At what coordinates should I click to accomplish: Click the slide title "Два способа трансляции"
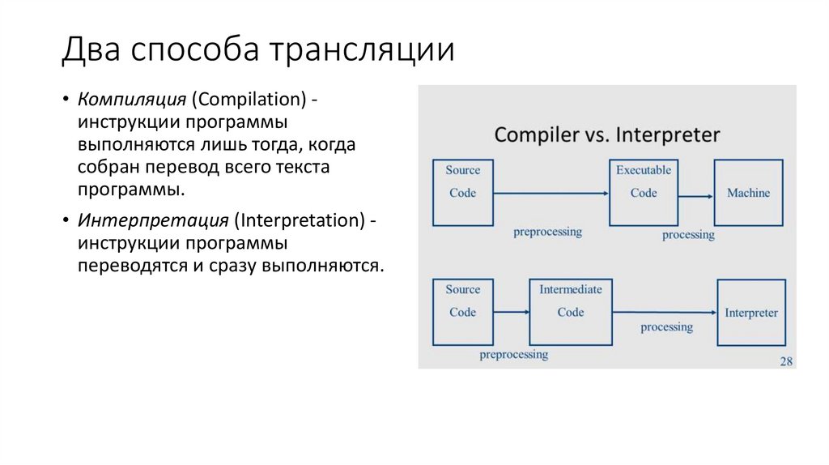click(x=257, y=49)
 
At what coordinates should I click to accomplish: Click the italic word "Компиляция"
click(x=133, y=99)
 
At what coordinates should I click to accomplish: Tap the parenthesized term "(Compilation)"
click(x=249, y=99)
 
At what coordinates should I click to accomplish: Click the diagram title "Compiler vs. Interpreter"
click(x=606, y=134)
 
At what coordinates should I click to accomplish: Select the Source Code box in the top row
click(x=462, y=193)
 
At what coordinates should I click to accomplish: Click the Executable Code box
click(x=644, y=193)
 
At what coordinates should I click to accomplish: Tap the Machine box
click(x=748, y=193)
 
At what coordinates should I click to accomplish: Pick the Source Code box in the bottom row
click(x=462, y=312)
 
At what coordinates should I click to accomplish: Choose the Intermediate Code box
click(x=570, y=312)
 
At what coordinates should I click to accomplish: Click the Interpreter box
click(x=751, y=313)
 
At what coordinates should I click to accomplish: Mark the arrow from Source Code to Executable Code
click(x=551, y=194)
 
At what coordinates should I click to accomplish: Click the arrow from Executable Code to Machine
click(x=695, y=196)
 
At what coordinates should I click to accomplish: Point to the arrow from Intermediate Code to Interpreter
click(x=665, y=313)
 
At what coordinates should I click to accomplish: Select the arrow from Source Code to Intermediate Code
click(x=511, y=312)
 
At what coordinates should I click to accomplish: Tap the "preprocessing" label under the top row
click(x=547, y=232)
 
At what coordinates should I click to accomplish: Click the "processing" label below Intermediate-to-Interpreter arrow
click(x=666, y=327)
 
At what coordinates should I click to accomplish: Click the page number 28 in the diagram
click(x=785, y=361)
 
